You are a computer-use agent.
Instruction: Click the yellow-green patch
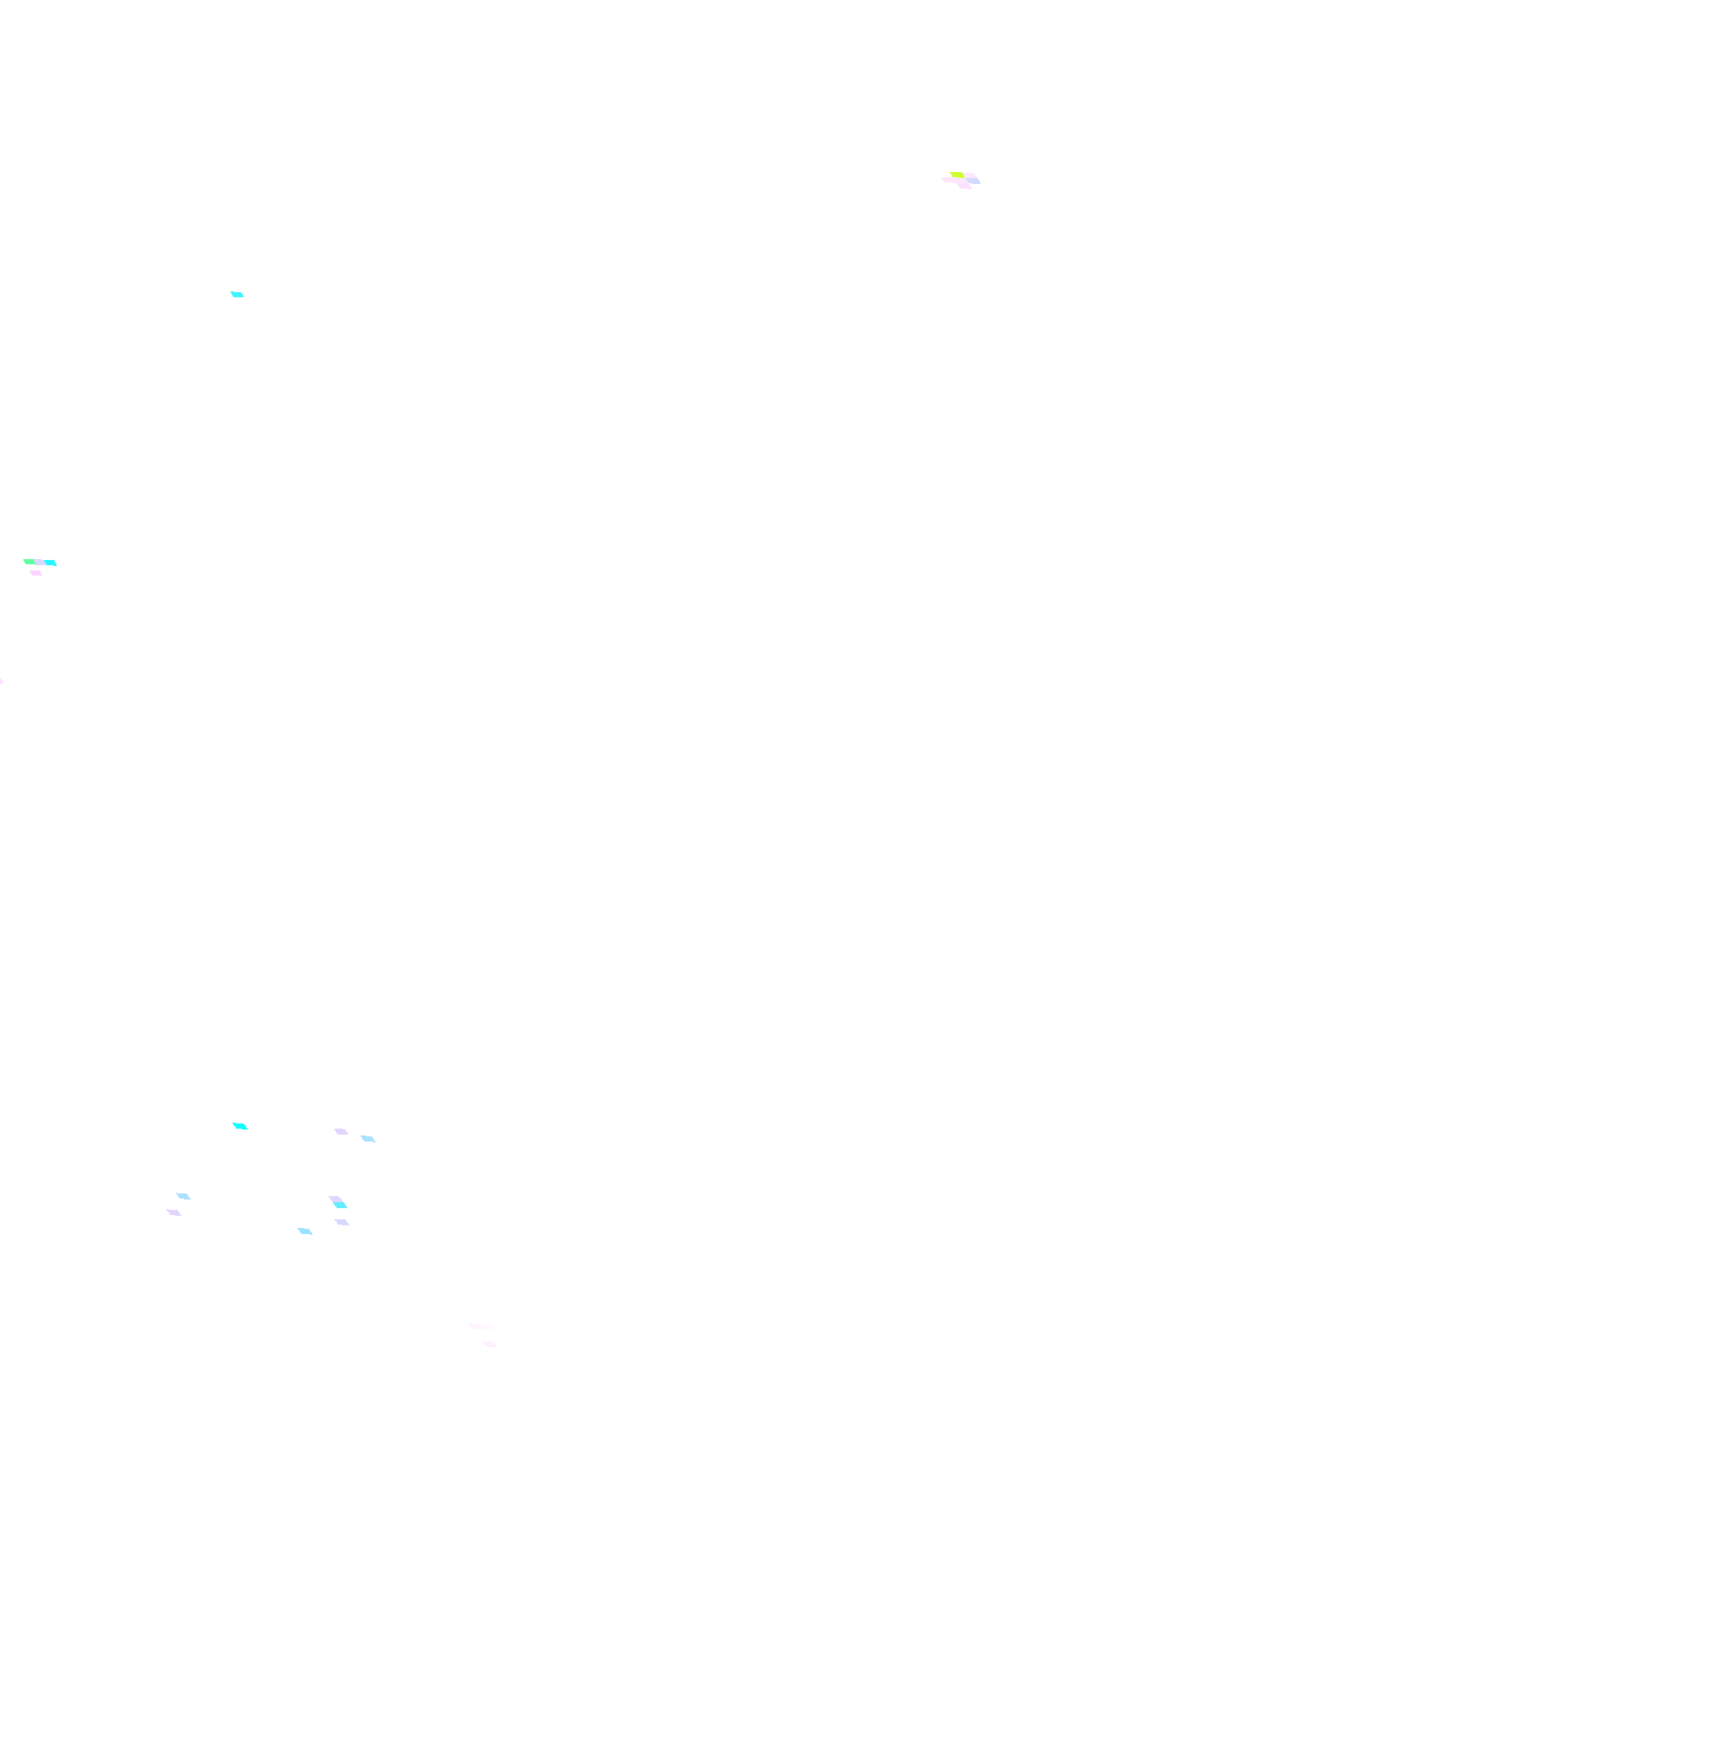tap(956, 175)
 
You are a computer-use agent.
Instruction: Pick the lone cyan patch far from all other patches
tap(238, 294)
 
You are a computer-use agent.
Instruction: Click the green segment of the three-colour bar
tap(29, 561)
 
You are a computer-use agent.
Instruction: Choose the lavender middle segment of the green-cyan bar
tap(41, 562)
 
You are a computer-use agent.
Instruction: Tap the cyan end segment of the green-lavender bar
tap(51, 563)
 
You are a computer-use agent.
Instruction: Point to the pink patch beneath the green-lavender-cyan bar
tap(36, 573)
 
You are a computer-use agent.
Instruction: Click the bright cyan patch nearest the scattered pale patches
tap(240, 1126)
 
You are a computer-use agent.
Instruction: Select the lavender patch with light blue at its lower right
tap(340, 1131)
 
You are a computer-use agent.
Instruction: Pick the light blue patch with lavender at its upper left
tap(368, 1139)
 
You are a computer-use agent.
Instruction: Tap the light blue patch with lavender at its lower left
tap(183, 1196)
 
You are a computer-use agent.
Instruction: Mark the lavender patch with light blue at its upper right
tap(174, 1212)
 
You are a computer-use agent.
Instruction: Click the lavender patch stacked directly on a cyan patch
tap(335, 1199)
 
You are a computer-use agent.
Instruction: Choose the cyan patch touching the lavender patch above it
tap(340, 1206)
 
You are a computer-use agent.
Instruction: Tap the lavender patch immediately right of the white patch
tap(341, 1222)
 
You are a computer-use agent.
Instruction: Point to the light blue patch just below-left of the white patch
tap(305, 1231)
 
